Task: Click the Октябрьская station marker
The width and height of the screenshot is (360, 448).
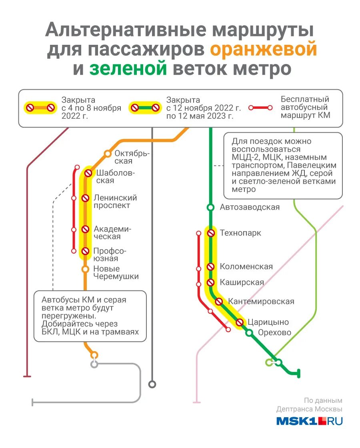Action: pyautogui.click(x=107, y=154)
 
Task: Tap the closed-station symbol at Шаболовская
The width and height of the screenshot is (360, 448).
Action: pyautogui.click(x=88, y=173)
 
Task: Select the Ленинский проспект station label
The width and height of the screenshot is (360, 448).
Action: pyautogui.click(x=115, y=202)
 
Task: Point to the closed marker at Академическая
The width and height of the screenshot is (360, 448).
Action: pyautogui.click(x=85, y=229)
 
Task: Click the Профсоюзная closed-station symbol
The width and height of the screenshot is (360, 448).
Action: pyautogui.click(x=85, y=251)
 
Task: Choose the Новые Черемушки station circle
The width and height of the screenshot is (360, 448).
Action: pyautogui.click(x=85, y=269)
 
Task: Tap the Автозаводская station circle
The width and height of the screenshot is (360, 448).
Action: pyautogui.click(x=210, y=207)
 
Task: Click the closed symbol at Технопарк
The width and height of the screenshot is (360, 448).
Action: pyautogui.click(x=210, y=233)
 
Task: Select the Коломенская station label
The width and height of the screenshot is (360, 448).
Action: pyautogui.click(x=246, y=267)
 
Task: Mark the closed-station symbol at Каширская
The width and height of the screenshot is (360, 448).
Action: pyautogui.click(x=210, y=282)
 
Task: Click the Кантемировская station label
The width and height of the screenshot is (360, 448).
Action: pyautogui.click(x=261, y=302)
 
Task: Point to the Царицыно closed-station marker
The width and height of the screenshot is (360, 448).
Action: pyautogui.click(x=240, y=322)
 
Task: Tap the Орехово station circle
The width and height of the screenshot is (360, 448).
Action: pyautogui.click(x=249, y=333)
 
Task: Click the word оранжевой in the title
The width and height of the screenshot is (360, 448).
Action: pyautogui.click(x=263, y=50)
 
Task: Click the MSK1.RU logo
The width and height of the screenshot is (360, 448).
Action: pyautogui.click(x=309, y=421)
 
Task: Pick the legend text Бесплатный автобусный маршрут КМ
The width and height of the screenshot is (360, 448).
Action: pyautogui.click(x=305, y=108)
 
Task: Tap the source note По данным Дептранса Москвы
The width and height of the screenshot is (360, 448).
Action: pyautogui.click(x=309, y=405)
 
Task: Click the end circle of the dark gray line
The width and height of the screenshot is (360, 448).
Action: pyautogui.click(x=152, y=384)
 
